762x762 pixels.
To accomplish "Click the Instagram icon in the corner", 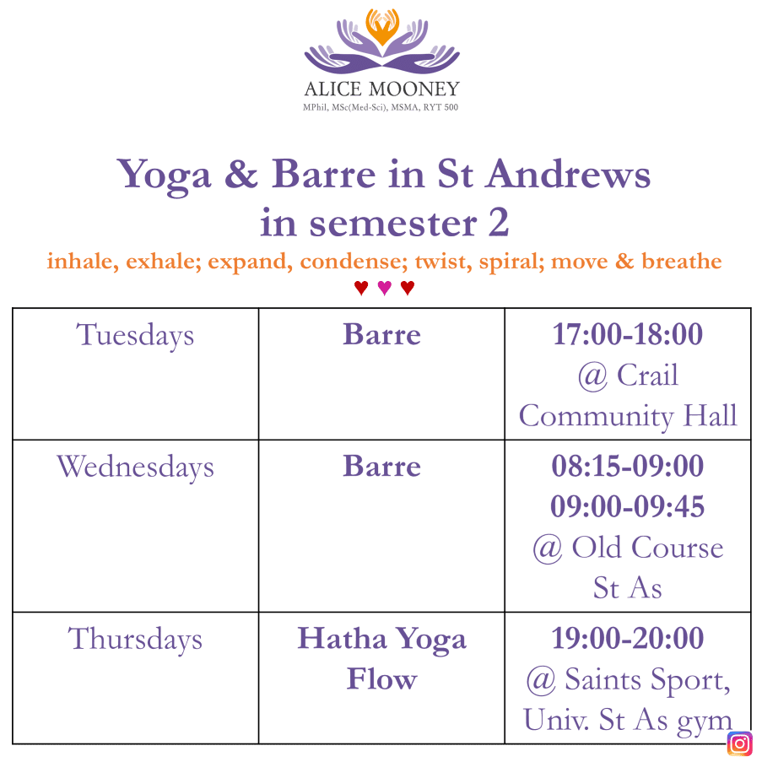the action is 740,743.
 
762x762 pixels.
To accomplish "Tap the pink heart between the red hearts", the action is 385,288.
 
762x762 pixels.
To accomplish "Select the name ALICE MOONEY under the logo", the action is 382,89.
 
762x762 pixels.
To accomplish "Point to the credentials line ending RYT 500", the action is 381,107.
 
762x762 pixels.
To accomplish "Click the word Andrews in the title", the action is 569,174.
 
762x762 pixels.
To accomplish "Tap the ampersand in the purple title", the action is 241,174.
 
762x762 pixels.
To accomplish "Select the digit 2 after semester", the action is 499,223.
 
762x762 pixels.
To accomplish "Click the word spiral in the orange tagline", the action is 511,262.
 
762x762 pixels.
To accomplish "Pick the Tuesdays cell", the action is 135,374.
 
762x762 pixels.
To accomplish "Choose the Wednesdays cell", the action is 135,526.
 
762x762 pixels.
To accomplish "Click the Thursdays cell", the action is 135,678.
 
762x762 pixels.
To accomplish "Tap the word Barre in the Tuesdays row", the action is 382,334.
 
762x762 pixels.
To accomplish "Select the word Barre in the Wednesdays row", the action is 382,466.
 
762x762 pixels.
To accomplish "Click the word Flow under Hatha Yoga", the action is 382,678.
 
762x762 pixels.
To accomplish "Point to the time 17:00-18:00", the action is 628,334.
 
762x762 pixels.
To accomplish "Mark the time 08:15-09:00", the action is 628,466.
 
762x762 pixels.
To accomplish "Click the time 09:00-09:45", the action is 628,506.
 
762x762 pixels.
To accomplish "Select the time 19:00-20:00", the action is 628,638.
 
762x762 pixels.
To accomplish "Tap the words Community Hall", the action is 628,417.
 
